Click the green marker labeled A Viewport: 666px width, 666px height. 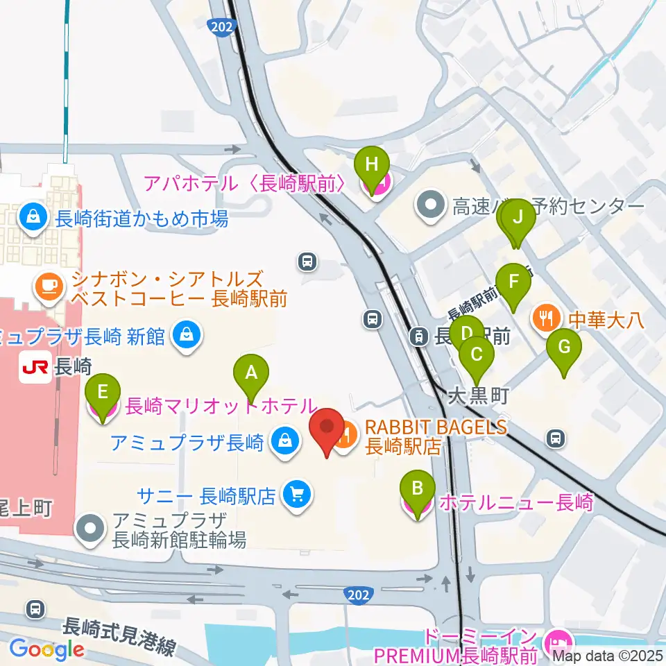[x=251, y=375]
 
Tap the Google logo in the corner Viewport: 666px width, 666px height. [x=46, y=649]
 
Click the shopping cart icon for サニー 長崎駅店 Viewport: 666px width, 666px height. [x=298, y=495]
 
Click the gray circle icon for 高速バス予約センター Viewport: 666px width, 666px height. [x=432, y=205]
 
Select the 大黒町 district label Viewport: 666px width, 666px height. [x=478, y=396]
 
